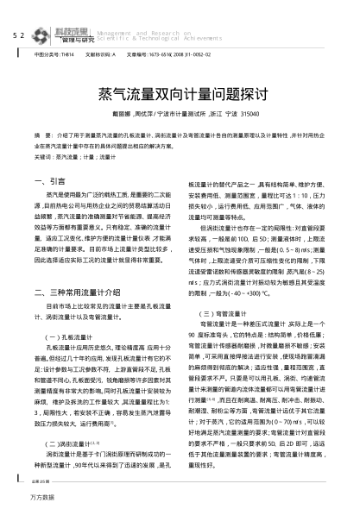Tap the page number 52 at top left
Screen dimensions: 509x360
click(x=18, y=12)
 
